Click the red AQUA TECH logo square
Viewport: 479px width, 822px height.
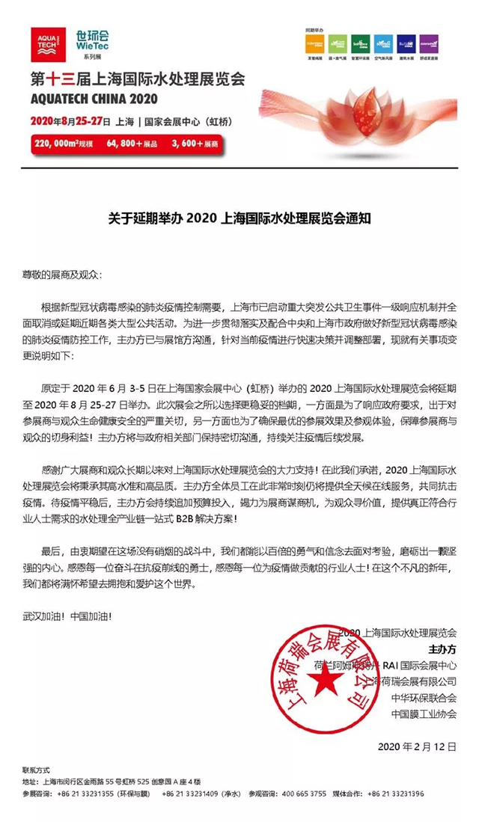[x=49, y=46]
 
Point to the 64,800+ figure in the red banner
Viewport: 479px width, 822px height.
[x=132, y=142]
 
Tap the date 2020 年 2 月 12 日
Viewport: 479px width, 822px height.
[x=417, y=746]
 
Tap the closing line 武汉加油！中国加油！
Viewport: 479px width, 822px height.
[x=67, y=616]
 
